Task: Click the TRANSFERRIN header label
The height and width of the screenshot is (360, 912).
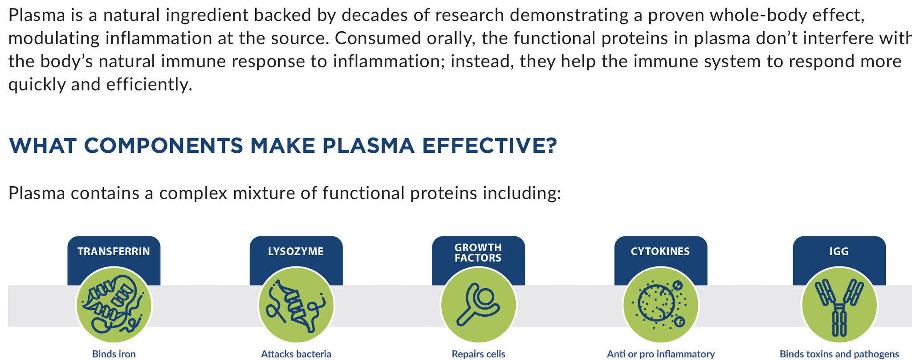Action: pyautogui.click(x=114, y=251)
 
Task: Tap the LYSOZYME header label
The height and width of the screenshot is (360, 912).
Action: pyautogui.click(x=296, y=251)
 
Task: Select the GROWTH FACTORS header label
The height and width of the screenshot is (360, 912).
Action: pyautogui.click(x=478, y=253)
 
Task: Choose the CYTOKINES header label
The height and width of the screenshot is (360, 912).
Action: pyautogui.click(x=660, y=251)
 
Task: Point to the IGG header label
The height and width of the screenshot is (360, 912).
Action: pyautogui.click(x=839, y=251)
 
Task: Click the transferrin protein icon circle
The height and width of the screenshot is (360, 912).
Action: pyautogui.click(x=114, y=305)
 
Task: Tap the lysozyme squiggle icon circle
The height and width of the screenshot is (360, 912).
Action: pyautogui.click(x=296, y=305)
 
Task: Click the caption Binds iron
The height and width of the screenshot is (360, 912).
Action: pyautogui.click(x=114, y=354)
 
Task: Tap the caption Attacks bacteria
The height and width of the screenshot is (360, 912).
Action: pyautogui.click(x=296, y=354)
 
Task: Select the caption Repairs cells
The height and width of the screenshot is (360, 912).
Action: pyautogui.click(x=479, y=354)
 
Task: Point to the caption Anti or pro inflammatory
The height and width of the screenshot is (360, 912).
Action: pyautogui.click(x=661, y=354)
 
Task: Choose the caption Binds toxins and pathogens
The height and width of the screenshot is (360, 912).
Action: pyautogui.click(x=839, y=354)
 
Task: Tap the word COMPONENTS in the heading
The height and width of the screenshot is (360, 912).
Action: pyautogui.click(x=163, y=146)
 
